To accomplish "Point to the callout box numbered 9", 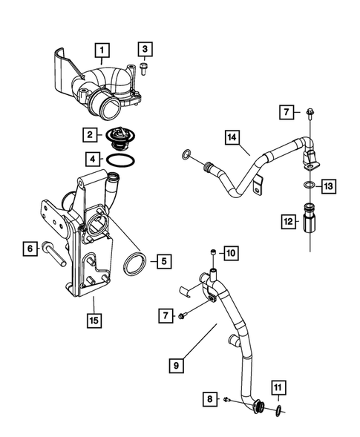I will coord(177,365).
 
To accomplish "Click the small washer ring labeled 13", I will coord(307,185).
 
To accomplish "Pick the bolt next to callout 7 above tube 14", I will coord(307,113).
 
